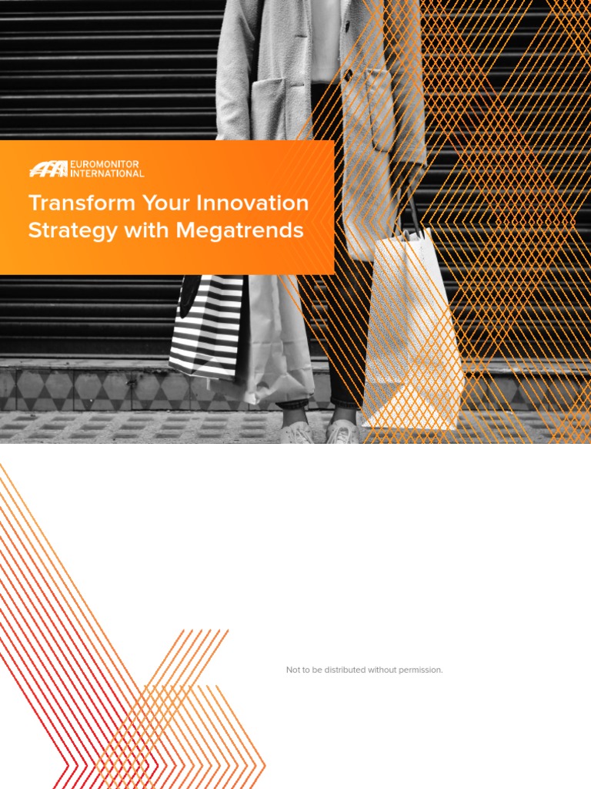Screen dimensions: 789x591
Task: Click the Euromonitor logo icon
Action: point(48,169)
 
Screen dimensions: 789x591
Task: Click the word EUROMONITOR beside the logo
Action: point(105,164)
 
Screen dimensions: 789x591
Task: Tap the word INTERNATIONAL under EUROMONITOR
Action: point(107,173)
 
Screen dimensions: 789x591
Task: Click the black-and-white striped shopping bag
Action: point(206,327)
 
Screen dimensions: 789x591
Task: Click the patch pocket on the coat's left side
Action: point(269,108)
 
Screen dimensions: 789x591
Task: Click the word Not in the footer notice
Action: point(293,670)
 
